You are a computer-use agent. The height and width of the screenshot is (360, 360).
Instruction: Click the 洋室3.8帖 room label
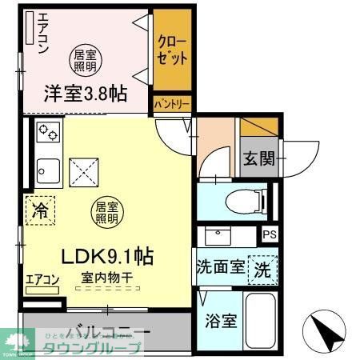[x=84, y=94]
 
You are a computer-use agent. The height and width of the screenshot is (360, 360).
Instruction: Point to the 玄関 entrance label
[x=258, y=157]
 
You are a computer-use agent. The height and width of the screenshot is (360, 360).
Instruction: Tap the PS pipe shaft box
[x=269, y=235]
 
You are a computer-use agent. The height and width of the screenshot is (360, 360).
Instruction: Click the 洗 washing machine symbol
[x=262, y=270]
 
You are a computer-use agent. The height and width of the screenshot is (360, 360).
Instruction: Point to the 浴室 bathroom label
[x=220, y=322]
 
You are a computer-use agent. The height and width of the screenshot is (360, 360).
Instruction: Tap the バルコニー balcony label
[x=108, y=332]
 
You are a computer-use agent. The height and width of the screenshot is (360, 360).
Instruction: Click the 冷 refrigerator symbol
[x=38, y=211]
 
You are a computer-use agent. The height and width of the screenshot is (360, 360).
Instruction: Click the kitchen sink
[x=47, y=172]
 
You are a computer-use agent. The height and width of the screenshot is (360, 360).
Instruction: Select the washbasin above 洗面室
[x=218, y=235]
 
